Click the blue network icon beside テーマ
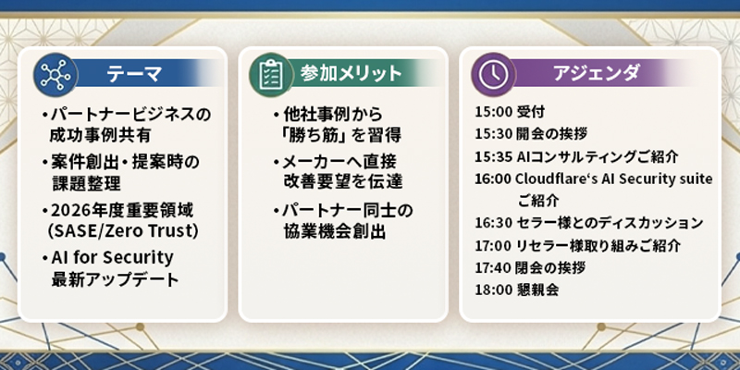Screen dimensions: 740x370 (x=55, y=75)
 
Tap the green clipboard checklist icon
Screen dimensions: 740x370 (x=271, y=75)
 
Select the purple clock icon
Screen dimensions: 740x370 (x=494, y=75)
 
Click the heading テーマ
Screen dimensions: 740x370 (x=134, y=74)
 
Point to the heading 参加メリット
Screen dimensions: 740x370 (x=351, y=73)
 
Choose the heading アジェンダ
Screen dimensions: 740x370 (x=597, y=73)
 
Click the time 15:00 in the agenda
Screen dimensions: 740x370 (x=494, y=112)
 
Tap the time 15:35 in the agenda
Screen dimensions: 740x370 (x=494, y=156)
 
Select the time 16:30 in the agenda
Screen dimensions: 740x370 (x=494, y=223)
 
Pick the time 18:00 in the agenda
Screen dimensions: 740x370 (x=494, y=290)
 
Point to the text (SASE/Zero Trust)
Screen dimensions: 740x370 (x=123, y=230)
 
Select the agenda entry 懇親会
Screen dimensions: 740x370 (x=538, y=290)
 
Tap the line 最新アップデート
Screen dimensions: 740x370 (x=115, y=279)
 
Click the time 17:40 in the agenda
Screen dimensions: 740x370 (x=494, y=267)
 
